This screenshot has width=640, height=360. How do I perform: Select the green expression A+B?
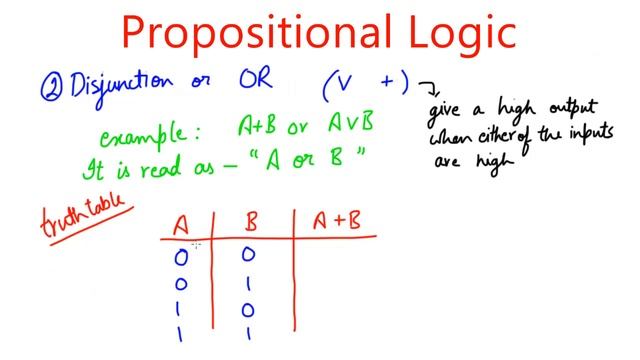coord(257,127)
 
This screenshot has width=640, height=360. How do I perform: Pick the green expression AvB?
coord(353,127)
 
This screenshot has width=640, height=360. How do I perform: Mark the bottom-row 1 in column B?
coord(248,333)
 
